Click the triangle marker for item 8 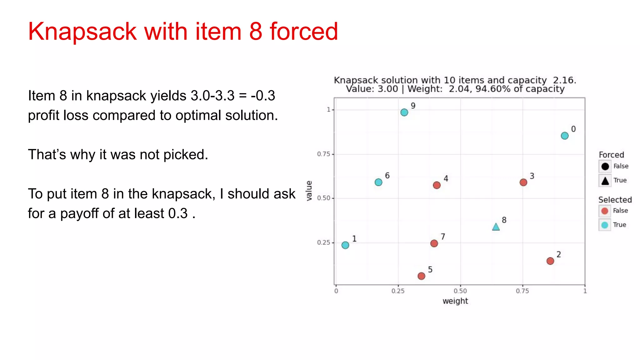click(496, 227)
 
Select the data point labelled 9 click(404, 112)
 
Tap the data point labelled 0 click(564, 136)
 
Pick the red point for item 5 click(421, 276)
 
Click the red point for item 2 click(550, 261)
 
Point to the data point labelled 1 click(345, 245)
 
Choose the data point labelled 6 click(378, 182)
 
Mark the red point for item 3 click(523, 182)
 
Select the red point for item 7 click(434, 243)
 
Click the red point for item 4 click(437, 185)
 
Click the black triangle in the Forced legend click(605, 181)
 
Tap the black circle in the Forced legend click(605, 166)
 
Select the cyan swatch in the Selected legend click(605, 225)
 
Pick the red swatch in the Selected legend click(605, 211)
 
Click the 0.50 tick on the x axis click(460, 291)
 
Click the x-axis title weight click(455, 301)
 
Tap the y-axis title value click(309, 191)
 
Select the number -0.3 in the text click(263, 96)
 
